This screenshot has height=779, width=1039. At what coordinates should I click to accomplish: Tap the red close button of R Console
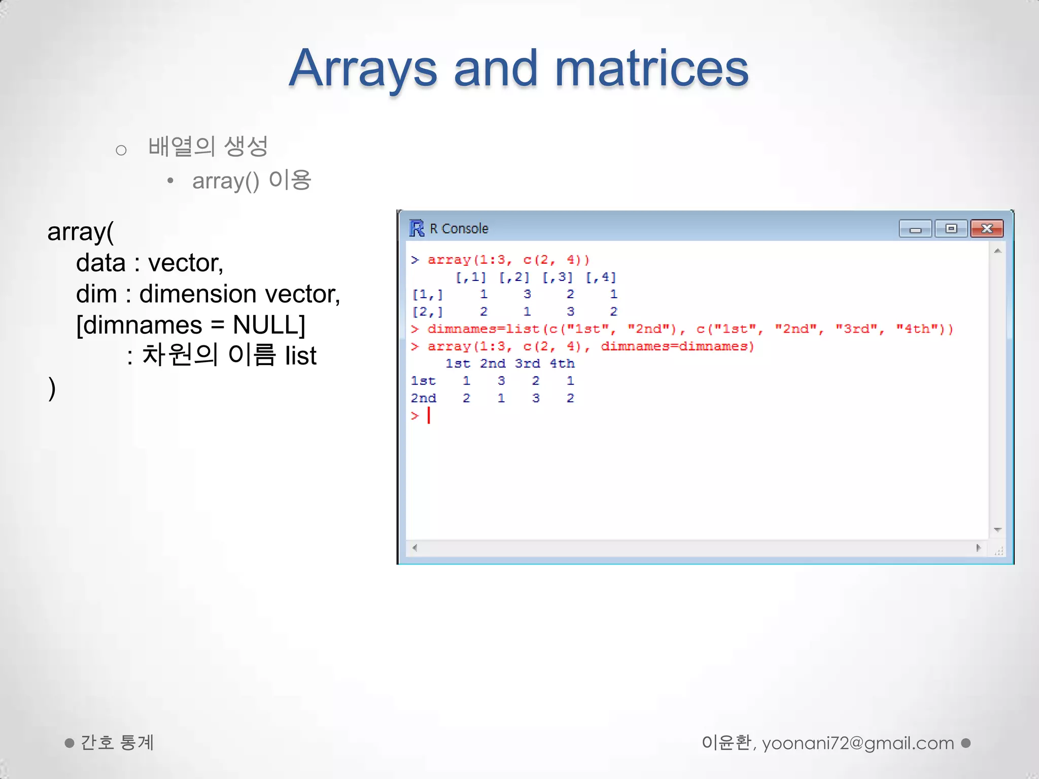click(986, 229)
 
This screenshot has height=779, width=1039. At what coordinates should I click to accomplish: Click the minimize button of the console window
click(915, 229)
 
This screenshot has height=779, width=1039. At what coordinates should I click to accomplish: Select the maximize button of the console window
click(951, 229)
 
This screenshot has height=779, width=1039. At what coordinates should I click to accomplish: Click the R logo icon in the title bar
click(417, 229)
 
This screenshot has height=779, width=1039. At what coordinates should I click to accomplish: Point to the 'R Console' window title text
click(459, 229)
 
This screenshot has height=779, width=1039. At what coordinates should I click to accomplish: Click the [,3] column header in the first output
click(557, 277)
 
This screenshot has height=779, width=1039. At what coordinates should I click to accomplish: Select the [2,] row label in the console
click(427, 311)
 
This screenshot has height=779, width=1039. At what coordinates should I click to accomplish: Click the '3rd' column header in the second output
click(527, 364)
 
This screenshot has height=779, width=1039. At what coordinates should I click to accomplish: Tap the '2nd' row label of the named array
click(423, 398)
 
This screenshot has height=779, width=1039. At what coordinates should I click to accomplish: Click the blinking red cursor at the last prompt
click(429, 416)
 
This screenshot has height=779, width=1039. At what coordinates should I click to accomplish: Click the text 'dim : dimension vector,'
click(208, 294)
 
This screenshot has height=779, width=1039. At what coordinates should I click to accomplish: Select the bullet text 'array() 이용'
click(252, 181)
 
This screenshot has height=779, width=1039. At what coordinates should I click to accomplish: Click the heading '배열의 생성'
click(207, 147)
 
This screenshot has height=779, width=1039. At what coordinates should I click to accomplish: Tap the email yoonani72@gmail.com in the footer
click(857, 743)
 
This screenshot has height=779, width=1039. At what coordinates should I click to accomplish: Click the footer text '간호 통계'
click(117, 743)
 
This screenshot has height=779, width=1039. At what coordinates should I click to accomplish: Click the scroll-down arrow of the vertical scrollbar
click(997, 530)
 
